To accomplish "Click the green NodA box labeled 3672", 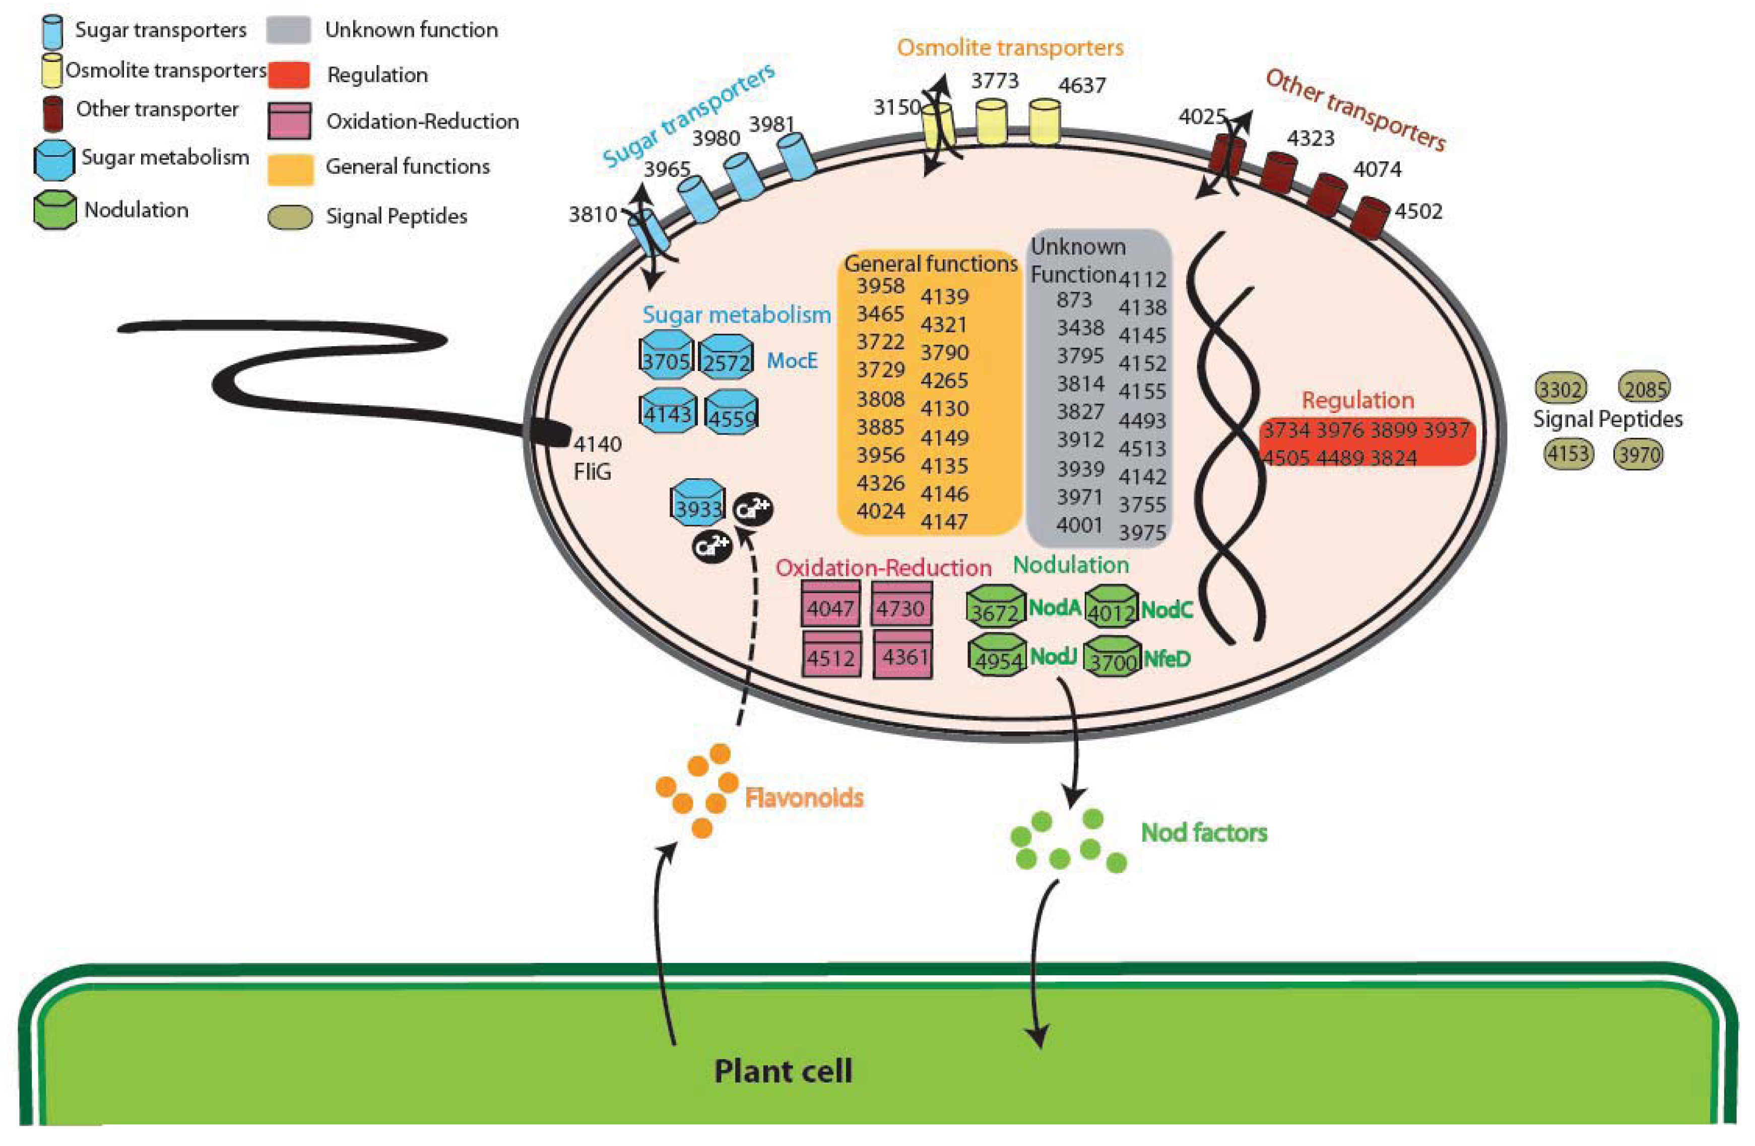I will (995, 607).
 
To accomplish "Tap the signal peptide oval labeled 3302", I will (1561, 389).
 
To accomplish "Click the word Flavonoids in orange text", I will (804, 798).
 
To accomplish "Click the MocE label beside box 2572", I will (792, 361).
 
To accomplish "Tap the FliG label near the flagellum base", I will (592, 472).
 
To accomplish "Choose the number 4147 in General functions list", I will (944, 522).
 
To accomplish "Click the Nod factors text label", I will (1203, 833).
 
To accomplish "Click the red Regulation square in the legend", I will (288, 75).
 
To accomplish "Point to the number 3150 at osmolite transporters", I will (897, 108).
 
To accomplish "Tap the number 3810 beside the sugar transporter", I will (592, 215).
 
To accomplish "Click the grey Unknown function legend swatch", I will (288, 30).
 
